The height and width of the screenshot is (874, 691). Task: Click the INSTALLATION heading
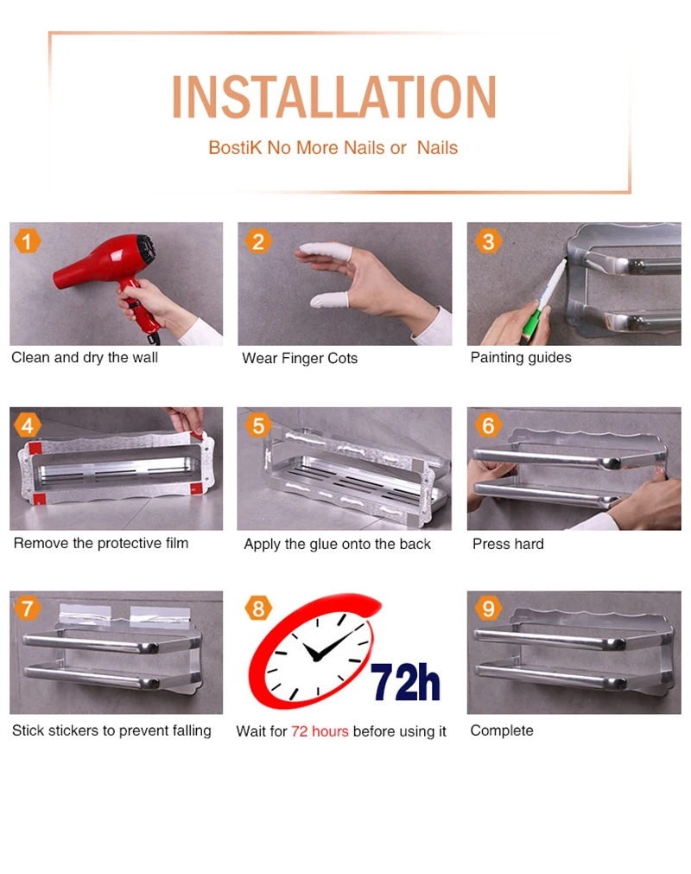tap(334, 97)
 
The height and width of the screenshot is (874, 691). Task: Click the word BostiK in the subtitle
tap(235, 148)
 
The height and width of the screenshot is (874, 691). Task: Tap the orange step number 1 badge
tap(27, 241)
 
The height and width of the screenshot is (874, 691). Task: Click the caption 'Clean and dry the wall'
tap(85, 357)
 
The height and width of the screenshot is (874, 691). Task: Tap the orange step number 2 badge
tap(258, 241)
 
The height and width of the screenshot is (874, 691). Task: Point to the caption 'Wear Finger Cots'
tap(300, 358)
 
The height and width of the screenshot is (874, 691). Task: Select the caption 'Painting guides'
tap(521, 357)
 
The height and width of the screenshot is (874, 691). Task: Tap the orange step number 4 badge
tap(28, 425)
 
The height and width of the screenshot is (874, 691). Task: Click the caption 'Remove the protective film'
tap(101, 543)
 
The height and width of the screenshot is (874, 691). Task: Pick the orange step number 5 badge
tap(258, 425)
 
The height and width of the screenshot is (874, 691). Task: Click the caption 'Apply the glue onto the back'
tap(338, 544)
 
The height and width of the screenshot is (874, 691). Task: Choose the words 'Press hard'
tap(509, 544)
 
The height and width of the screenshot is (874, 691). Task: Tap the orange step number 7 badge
tap(28, 608)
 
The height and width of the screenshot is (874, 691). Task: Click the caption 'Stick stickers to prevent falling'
tap(112, 730)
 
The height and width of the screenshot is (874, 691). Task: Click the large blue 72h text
tap(405, 682)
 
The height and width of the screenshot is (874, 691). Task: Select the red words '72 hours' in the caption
tap(320, 731)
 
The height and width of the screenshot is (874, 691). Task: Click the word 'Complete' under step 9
tap(502, 730)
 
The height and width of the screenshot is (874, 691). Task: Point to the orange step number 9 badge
tap(488, 608)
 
